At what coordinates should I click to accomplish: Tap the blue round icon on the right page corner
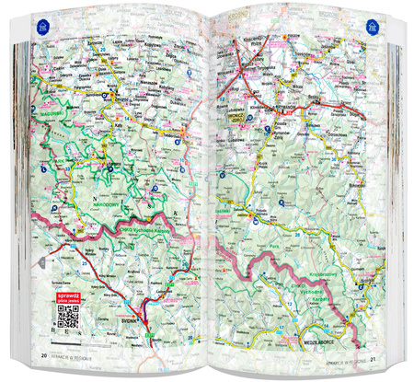point(370,29)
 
